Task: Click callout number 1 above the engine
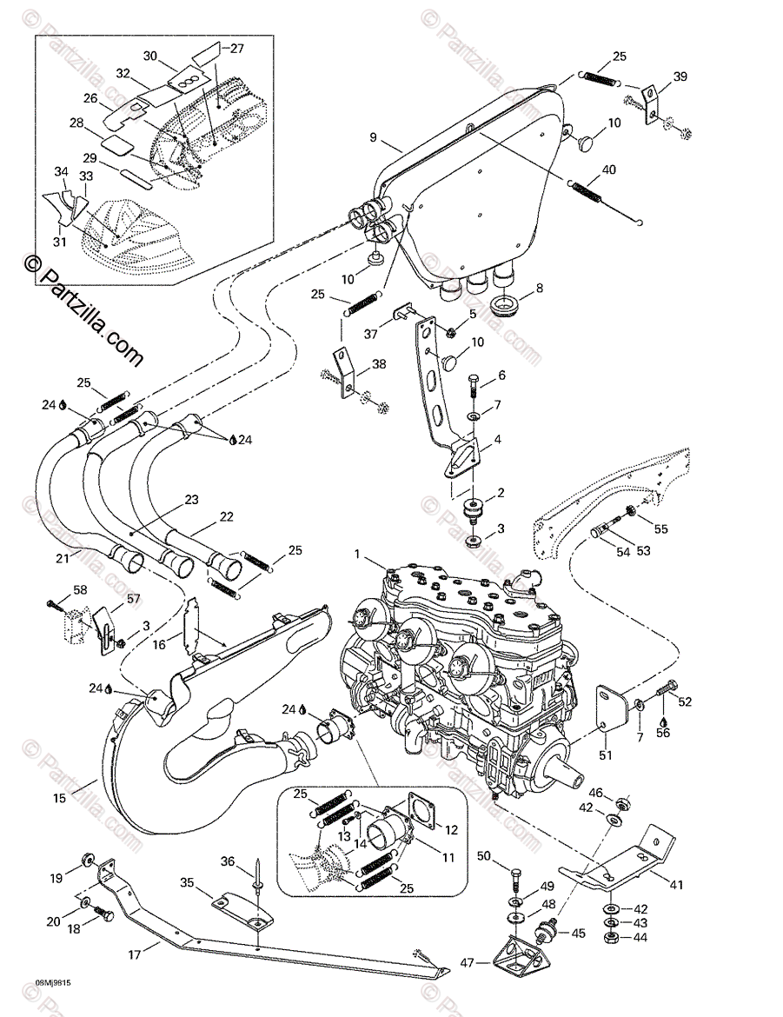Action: (x=356, y=554)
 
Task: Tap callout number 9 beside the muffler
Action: (x=373, y=137)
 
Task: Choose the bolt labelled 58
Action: (x=57, y=602)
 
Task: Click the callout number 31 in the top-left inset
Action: (x=58, y=242)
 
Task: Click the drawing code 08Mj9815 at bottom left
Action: (x=53, y=983)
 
